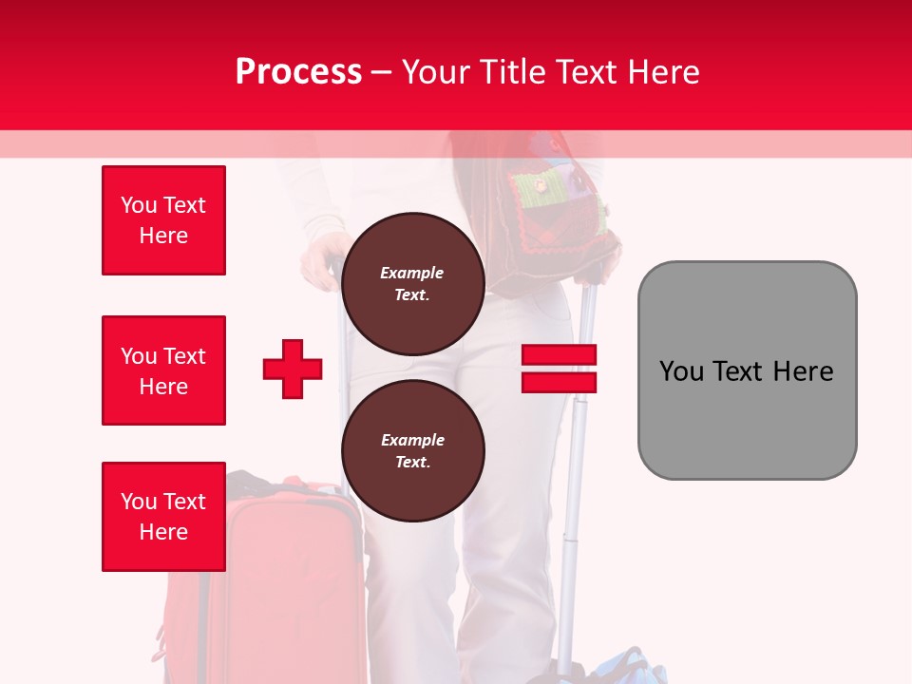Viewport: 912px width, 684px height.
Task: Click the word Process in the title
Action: [x=298, y=71]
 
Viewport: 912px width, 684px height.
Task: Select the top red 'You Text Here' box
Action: [x=163, y=220]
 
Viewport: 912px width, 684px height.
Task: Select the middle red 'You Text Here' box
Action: [x=163, y=370]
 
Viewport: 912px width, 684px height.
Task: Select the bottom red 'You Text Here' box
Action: [x=163, y=517]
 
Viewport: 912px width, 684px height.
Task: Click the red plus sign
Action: [x=293, y=369]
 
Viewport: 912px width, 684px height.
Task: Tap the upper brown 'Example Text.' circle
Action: [x=412, y=284]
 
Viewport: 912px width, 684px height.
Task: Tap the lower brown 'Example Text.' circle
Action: [x=412, y=451]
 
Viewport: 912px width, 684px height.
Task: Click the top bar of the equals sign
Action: [x=559, y=355]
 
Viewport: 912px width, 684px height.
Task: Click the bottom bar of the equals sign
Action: [x=559, y=382]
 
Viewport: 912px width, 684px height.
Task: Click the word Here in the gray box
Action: [x=803, y=370]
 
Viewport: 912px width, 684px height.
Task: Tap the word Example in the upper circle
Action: [x=412, y=273]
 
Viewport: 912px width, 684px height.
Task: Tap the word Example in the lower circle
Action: [x=412, y=440]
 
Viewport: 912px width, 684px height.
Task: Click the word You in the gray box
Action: [x=680, y=370]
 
